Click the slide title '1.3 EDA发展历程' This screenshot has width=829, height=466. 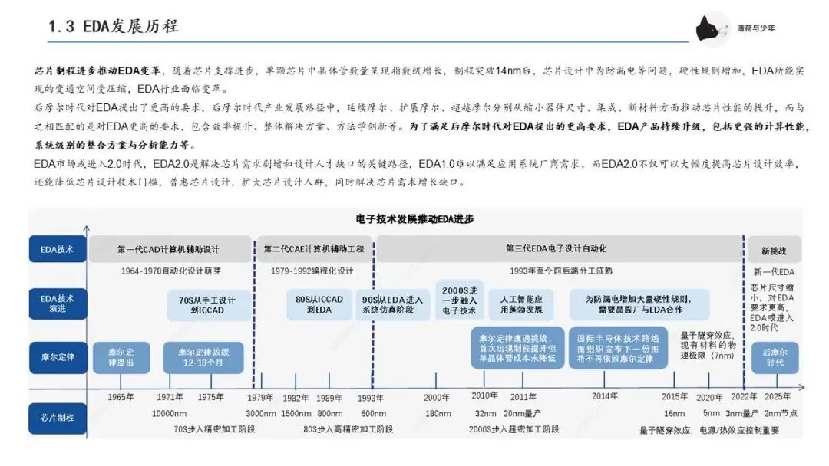coord(114,26)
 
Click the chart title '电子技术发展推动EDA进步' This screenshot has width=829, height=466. coord(414,219)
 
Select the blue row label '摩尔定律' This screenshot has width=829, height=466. coord(58,357)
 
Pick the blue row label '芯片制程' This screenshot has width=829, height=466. coord(58,417)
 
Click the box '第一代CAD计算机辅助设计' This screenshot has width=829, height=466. coord(168,249)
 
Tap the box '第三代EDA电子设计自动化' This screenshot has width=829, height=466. coord(556,249)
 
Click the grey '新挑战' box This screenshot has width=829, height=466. coord(773,249)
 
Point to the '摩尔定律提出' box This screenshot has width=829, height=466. coord(121,357)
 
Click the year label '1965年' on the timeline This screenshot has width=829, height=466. coord(121,397)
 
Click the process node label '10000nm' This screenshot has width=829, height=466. coord(169,414)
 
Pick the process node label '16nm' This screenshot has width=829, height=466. coord(675,414)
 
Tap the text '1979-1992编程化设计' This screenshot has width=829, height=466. coord(313,271)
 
